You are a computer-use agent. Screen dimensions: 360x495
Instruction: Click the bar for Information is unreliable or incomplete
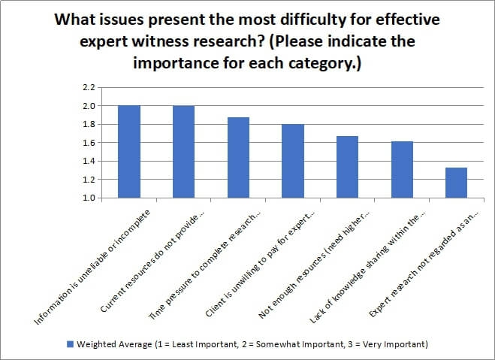(x=129, y=152)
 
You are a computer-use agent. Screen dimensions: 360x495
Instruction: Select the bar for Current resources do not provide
(x=184, y=152)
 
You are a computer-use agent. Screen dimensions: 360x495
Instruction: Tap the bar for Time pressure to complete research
(x=238, y=158)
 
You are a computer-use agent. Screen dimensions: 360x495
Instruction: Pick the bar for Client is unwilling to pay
(x=293, y=161)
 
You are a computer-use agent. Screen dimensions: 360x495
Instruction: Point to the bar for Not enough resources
(x=347, y=167)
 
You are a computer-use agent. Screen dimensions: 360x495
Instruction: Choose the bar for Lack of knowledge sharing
(x=402, y=170)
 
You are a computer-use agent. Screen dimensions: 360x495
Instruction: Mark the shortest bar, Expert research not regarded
(x=456, y=183)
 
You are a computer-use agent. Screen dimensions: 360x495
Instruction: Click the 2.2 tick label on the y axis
(x=89, y=88)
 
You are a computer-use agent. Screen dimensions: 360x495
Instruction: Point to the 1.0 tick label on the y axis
(x=89, y=198)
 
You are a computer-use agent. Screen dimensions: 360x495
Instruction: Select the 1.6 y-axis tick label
(x=89, y=143)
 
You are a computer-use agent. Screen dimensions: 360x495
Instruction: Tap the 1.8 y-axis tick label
(x=89, y=125)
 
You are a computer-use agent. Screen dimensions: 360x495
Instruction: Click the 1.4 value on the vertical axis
(x=89, y=162)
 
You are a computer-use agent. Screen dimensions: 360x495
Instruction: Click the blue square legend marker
(x=70, y=344)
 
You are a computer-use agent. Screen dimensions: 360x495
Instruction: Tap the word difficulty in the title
(x=328, y=19)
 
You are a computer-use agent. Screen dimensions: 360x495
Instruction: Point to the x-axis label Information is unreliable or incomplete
(x=94, y=267)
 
